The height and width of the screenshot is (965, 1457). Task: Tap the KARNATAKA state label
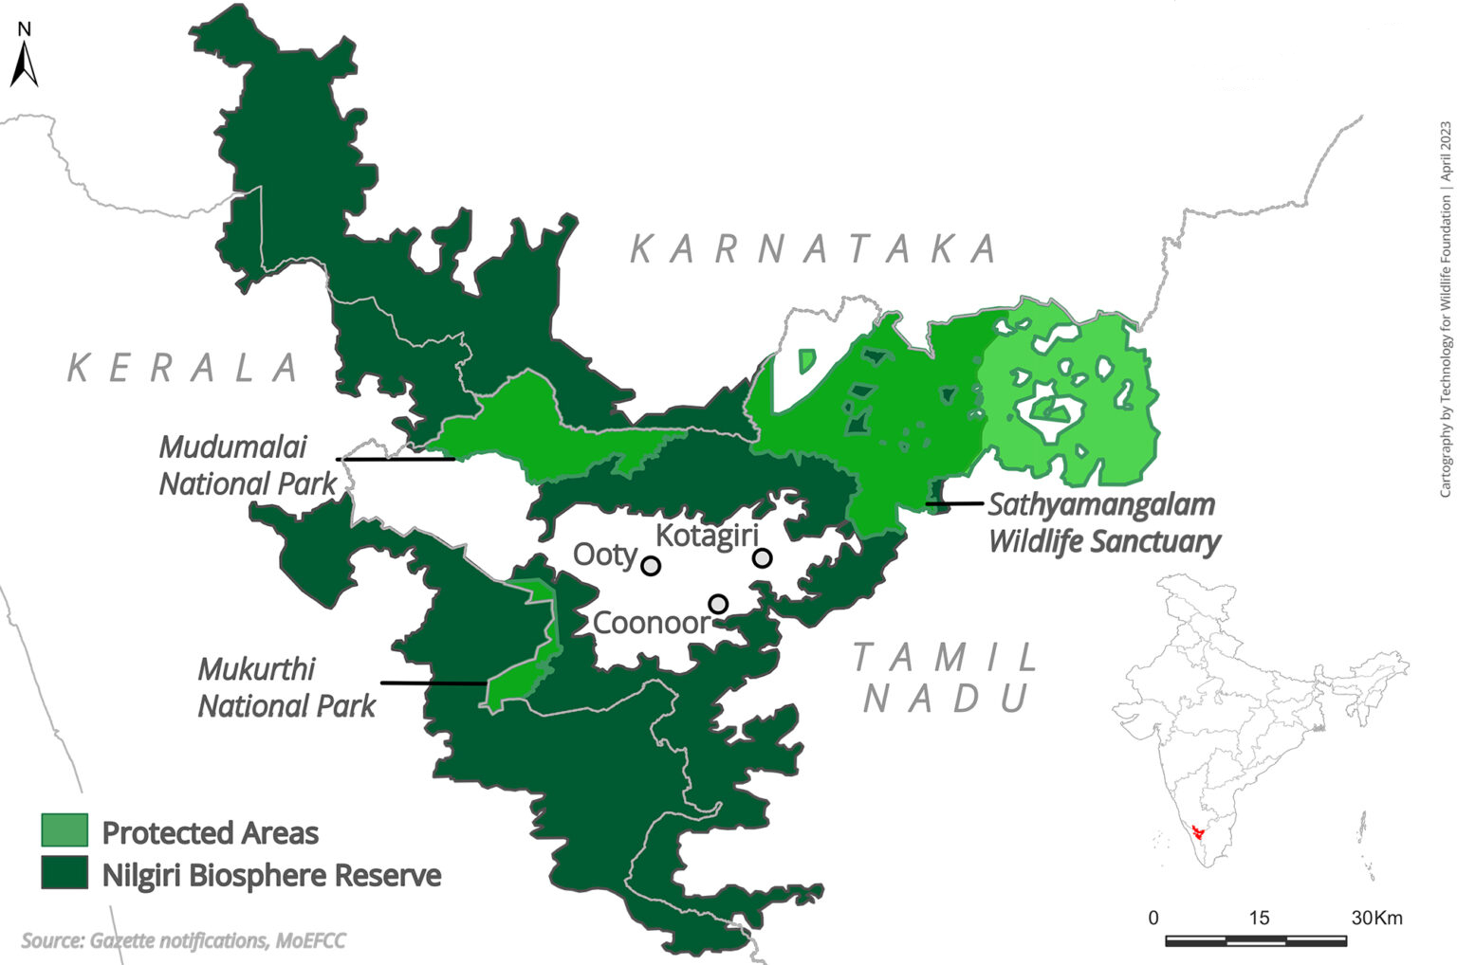coord(814,249)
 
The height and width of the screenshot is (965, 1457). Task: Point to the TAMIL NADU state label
coord(945,678)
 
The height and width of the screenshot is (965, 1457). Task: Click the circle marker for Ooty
coord(651,566)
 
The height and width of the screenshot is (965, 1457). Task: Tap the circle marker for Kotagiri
coord(762,558)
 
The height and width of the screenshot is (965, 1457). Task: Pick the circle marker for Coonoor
coord(718,604)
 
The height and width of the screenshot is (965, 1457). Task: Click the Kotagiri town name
coord(707,536)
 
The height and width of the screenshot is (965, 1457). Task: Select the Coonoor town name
coord(651,623)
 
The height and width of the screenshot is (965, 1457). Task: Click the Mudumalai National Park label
coord(247,464)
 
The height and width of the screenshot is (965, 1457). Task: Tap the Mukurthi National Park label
coord(286,687)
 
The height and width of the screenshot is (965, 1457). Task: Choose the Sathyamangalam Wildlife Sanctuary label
coord(1103,523)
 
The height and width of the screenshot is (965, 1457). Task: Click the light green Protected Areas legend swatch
coord(65,830)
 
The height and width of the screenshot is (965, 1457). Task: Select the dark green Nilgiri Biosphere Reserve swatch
coord(65,873)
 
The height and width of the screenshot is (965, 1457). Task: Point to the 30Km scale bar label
coord(1376,918)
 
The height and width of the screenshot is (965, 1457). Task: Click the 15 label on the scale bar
coord(1259,918)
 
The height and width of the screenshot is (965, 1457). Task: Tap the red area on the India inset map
coord(1201,832)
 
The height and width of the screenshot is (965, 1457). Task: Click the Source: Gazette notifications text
coord(183,940)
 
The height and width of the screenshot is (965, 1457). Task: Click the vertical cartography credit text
coord(1445,309)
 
